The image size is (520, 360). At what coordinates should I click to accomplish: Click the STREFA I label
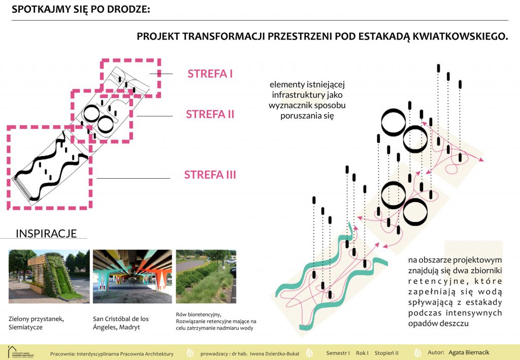tap(210, 74)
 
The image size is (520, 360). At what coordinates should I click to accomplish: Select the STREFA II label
tap(210, 114)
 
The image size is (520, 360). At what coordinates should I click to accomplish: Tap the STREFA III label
tap(210, 175)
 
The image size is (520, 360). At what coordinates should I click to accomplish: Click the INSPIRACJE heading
tap(46, 234)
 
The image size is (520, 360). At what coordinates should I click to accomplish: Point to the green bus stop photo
tap(49, 276)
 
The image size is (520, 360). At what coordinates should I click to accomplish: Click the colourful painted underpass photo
tap(133, 276)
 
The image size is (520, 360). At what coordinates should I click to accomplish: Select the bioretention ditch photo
tap(206, 276)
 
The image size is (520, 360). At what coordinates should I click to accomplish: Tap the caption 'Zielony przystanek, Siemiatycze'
tap(36, 323)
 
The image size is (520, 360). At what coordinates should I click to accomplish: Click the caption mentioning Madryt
tap(121, 323)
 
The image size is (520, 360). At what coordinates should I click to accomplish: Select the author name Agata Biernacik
tap(469, 352)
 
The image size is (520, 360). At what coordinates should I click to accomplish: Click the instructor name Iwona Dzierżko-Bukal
tap(274, 354)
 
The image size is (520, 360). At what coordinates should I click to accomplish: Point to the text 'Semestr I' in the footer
tap(338, 353)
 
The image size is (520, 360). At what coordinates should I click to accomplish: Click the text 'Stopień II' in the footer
tap(386, 353)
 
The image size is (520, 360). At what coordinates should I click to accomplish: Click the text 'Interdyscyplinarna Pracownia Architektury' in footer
tap(125, 354)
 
